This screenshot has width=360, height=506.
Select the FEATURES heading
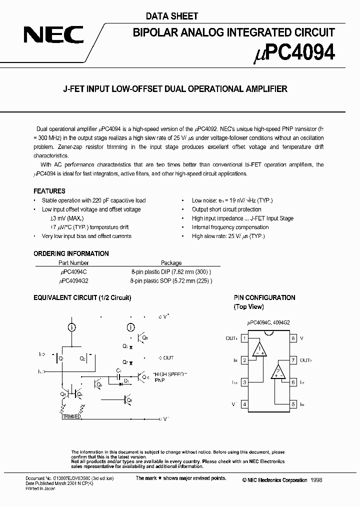pyautogui.click(x=49, y=191)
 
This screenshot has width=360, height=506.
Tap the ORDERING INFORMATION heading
pyautogui.click(x=71, y=253)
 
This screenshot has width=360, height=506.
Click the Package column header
pyautogui.click(x=171, y=263)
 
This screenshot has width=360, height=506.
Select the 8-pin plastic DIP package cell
pyautogui.click(x=171, y=272)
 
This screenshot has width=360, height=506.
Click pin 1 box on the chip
pyautogui.click(x=244, y=338)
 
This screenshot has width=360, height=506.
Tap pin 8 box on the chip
pyautogui.click(x=293, y=338)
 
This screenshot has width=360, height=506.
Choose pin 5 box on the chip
pyautogui.click(x=293, y=404)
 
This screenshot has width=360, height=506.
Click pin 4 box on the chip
pyautogui.click(x=244, y=404)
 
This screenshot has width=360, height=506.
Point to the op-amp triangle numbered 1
pyautogui.click(x=259, y=350)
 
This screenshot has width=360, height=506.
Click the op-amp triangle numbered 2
pyautogui.click(x=277, y=372)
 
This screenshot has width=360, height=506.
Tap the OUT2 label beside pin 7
pyautogui.click(x=305, y=360)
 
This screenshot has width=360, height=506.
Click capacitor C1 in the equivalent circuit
pyautogui.click(x=118, y=373)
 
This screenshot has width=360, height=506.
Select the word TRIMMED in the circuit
pyautogui.click(x=72, y=416)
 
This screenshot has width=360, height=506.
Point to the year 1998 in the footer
pyautogui.click(x=316, y=480)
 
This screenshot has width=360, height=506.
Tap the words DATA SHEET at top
pyautogui.click(x=165, y=16)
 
